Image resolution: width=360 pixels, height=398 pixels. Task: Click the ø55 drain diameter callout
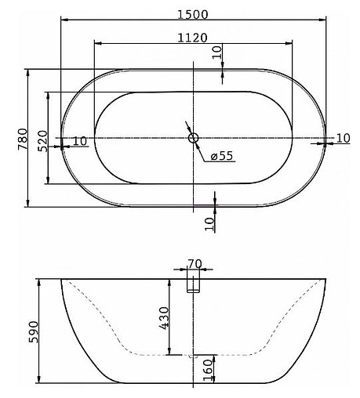click(x=222, y=155)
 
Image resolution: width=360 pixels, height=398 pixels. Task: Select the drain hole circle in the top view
click(x=193, y=139)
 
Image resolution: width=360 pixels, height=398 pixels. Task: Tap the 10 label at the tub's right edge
click(x=343, y=138)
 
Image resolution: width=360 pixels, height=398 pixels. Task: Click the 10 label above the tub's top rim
click(x=216, y=54)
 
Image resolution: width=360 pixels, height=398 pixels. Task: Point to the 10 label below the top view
click(x=209, y=223)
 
